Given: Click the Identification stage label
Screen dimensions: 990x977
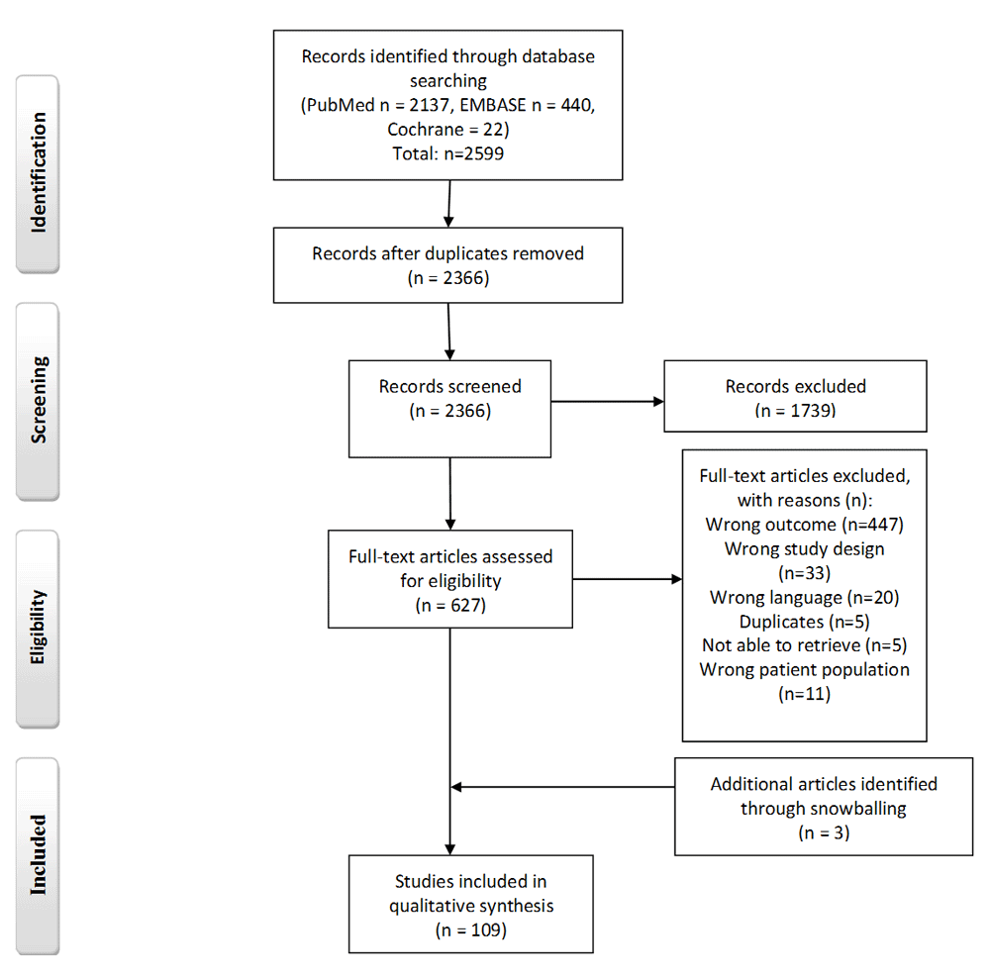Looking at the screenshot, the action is tap(39, 173).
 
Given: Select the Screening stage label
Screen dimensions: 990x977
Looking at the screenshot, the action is tap(39, 400).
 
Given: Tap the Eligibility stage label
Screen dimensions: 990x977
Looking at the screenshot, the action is tap(38, 627).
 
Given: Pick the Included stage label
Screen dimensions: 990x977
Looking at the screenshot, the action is tap(39, 854).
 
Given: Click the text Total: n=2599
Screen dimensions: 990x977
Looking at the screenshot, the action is tap(448, 153).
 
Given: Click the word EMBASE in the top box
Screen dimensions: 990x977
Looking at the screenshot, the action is tap(492, 105).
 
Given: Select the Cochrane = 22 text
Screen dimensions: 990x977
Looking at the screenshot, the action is tap(448, 130).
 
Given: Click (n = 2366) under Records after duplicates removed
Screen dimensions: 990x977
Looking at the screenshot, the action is tap(448, 278).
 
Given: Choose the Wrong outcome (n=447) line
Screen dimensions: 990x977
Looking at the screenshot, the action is tap(804, 525).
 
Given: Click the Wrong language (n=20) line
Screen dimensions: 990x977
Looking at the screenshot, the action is tap(804, 597).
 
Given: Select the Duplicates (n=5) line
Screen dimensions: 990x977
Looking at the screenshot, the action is tap(804, 622).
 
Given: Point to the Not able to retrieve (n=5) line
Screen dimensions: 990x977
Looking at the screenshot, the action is tap(804, 645).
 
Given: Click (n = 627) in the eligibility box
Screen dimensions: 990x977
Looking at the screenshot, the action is tap(450, 605).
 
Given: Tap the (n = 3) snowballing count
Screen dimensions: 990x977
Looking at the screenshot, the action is tap(824, 832).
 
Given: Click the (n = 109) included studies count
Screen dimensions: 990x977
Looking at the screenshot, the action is tap(471, 929).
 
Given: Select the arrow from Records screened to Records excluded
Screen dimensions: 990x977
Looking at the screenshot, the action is tap(608, 402).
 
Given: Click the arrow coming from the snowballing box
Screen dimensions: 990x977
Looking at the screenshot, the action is tap(562, 787).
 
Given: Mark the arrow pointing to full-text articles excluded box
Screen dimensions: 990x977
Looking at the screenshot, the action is tap(628, 579).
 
